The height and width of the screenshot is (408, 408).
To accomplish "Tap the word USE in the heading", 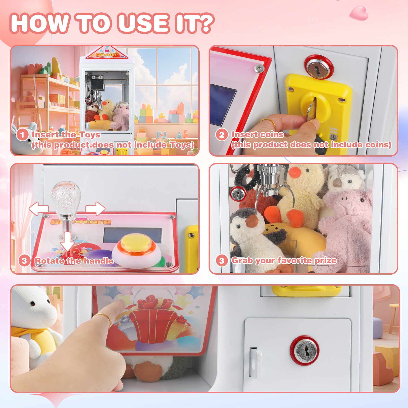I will [144, 23].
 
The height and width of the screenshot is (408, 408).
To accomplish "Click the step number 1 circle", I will [22, 134].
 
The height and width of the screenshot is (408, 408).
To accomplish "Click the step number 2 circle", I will [221, 134].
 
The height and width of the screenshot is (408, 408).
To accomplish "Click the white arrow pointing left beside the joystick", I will [38, 208].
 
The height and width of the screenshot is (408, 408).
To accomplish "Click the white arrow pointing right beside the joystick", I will [95, 208].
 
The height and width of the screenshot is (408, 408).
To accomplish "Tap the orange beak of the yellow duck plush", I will [295, 172].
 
